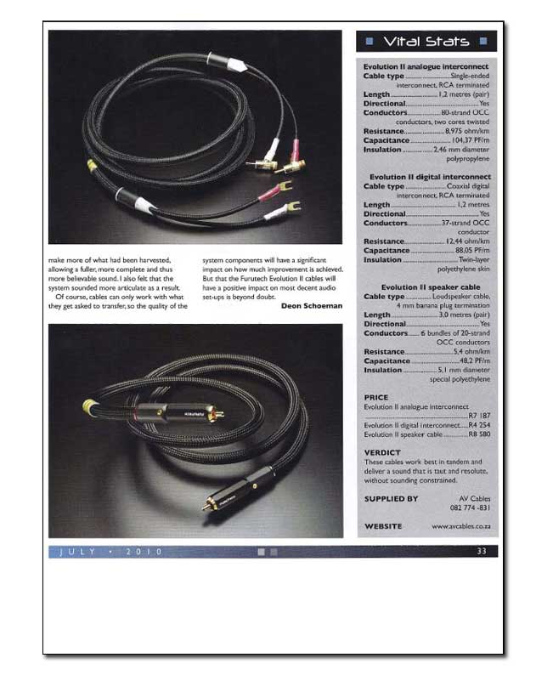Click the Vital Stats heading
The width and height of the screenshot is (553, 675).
(x=424, y=41)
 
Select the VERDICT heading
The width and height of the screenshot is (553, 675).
(x=382, y=452)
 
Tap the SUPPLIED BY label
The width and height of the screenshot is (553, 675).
(x=391, y=499)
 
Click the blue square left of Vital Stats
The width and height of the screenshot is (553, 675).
(x=368, y=41)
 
